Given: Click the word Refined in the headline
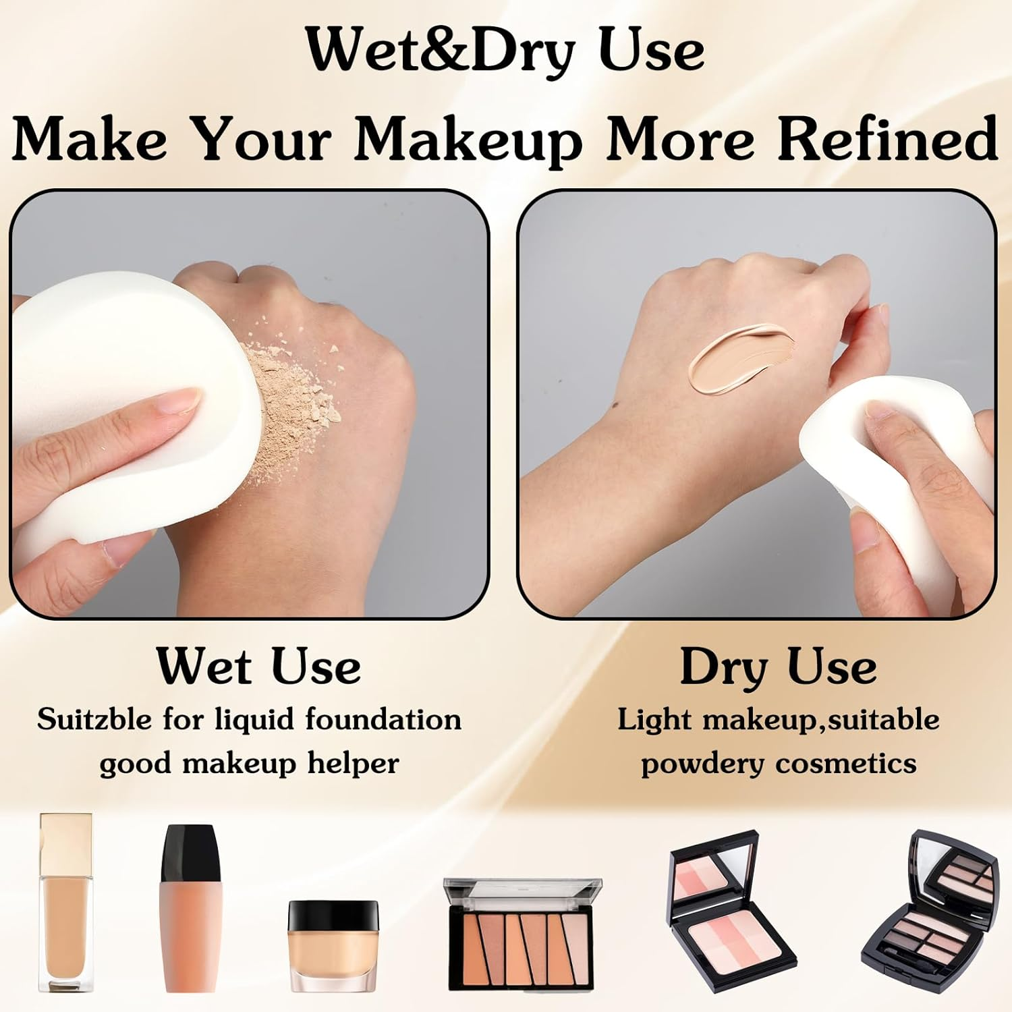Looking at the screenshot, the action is pos(887,138).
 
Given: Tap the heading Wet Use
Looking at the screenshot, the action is pos(258,666).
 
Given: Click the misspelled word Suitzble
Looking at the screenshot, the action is pos(94,719).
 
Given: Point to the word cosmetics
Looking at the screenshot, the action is pos(846,764).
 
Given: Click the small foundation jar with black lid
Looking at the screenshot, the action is pos(333,942).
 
